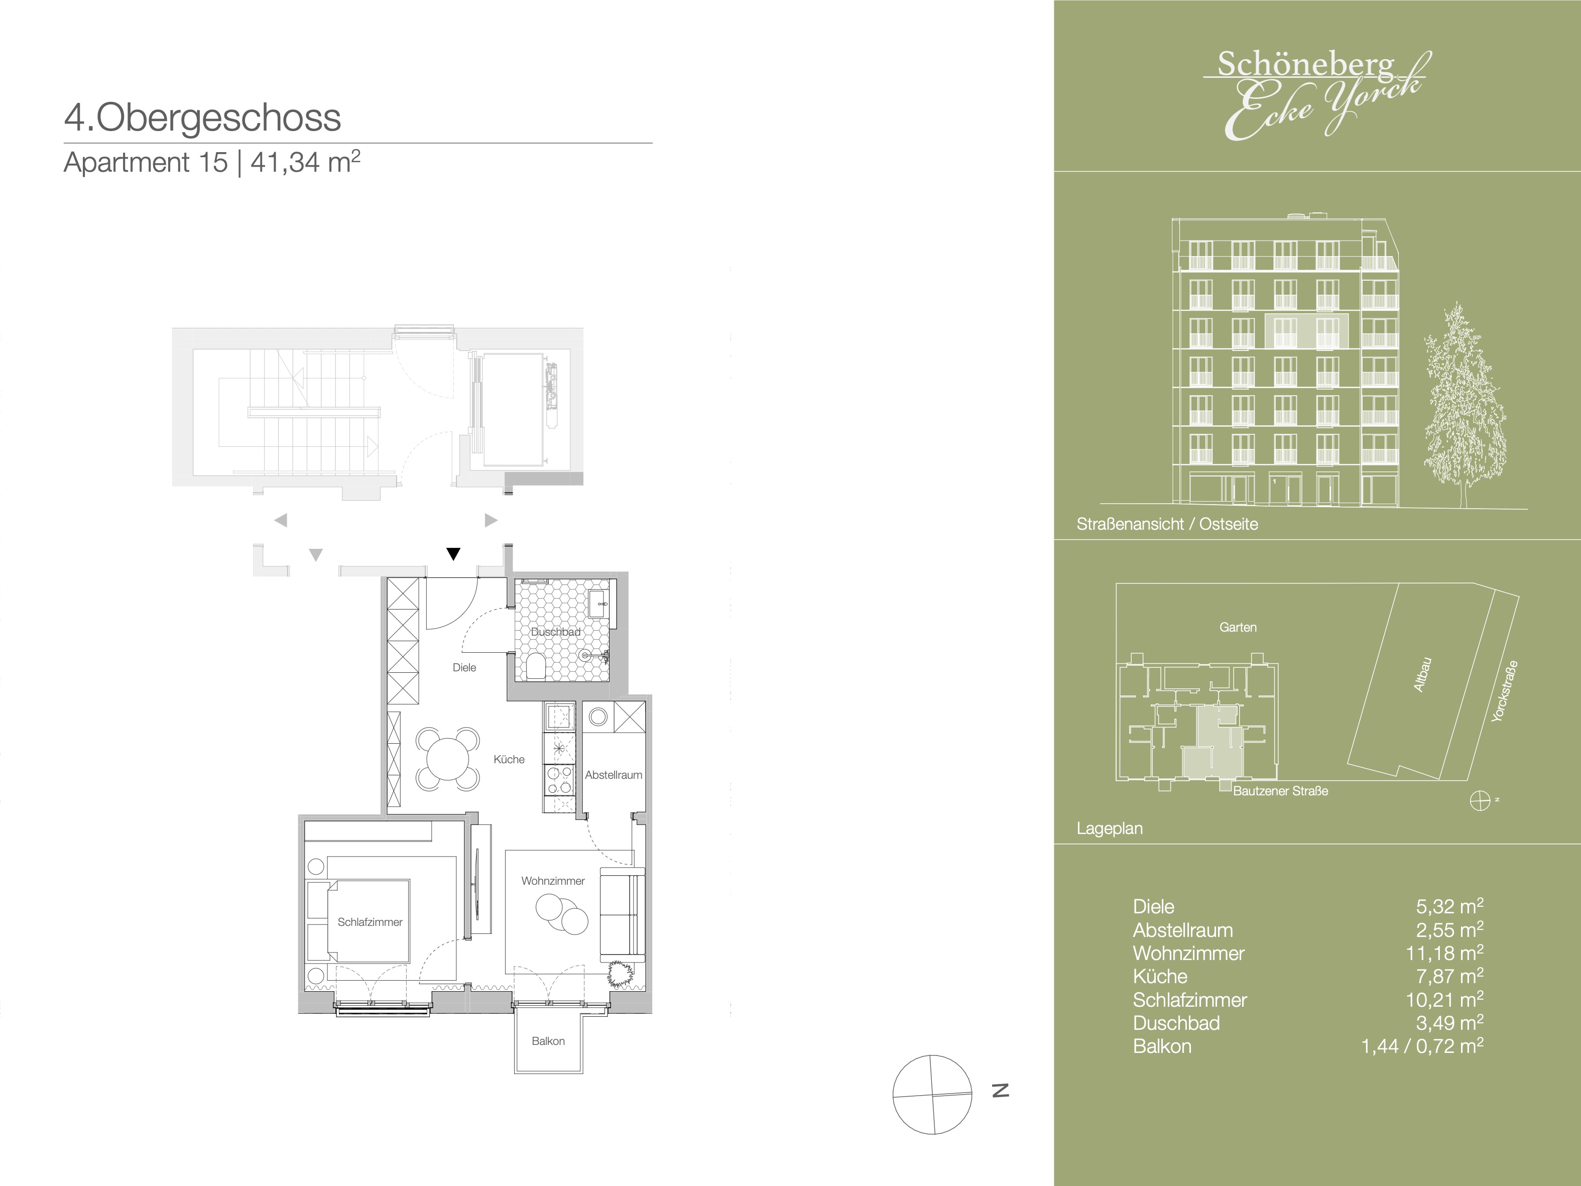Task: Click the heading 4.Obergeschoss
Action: (202, 118)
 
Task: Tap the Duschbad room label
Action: (555, 632)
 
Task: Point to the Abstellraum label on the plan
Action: (613, 774)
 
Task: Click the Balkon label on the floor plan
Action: (548, 1041)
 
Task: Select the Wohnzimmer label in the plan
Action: (552, 881)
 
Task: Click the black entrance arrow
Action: (453, 553)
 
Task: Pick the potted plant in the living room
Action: (620, 974)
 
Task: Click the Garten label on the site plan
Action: (1238, 627)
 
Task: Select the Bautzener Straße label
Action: (1281, 791)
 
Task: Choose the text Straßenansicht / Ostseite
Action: (1167, 524)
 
